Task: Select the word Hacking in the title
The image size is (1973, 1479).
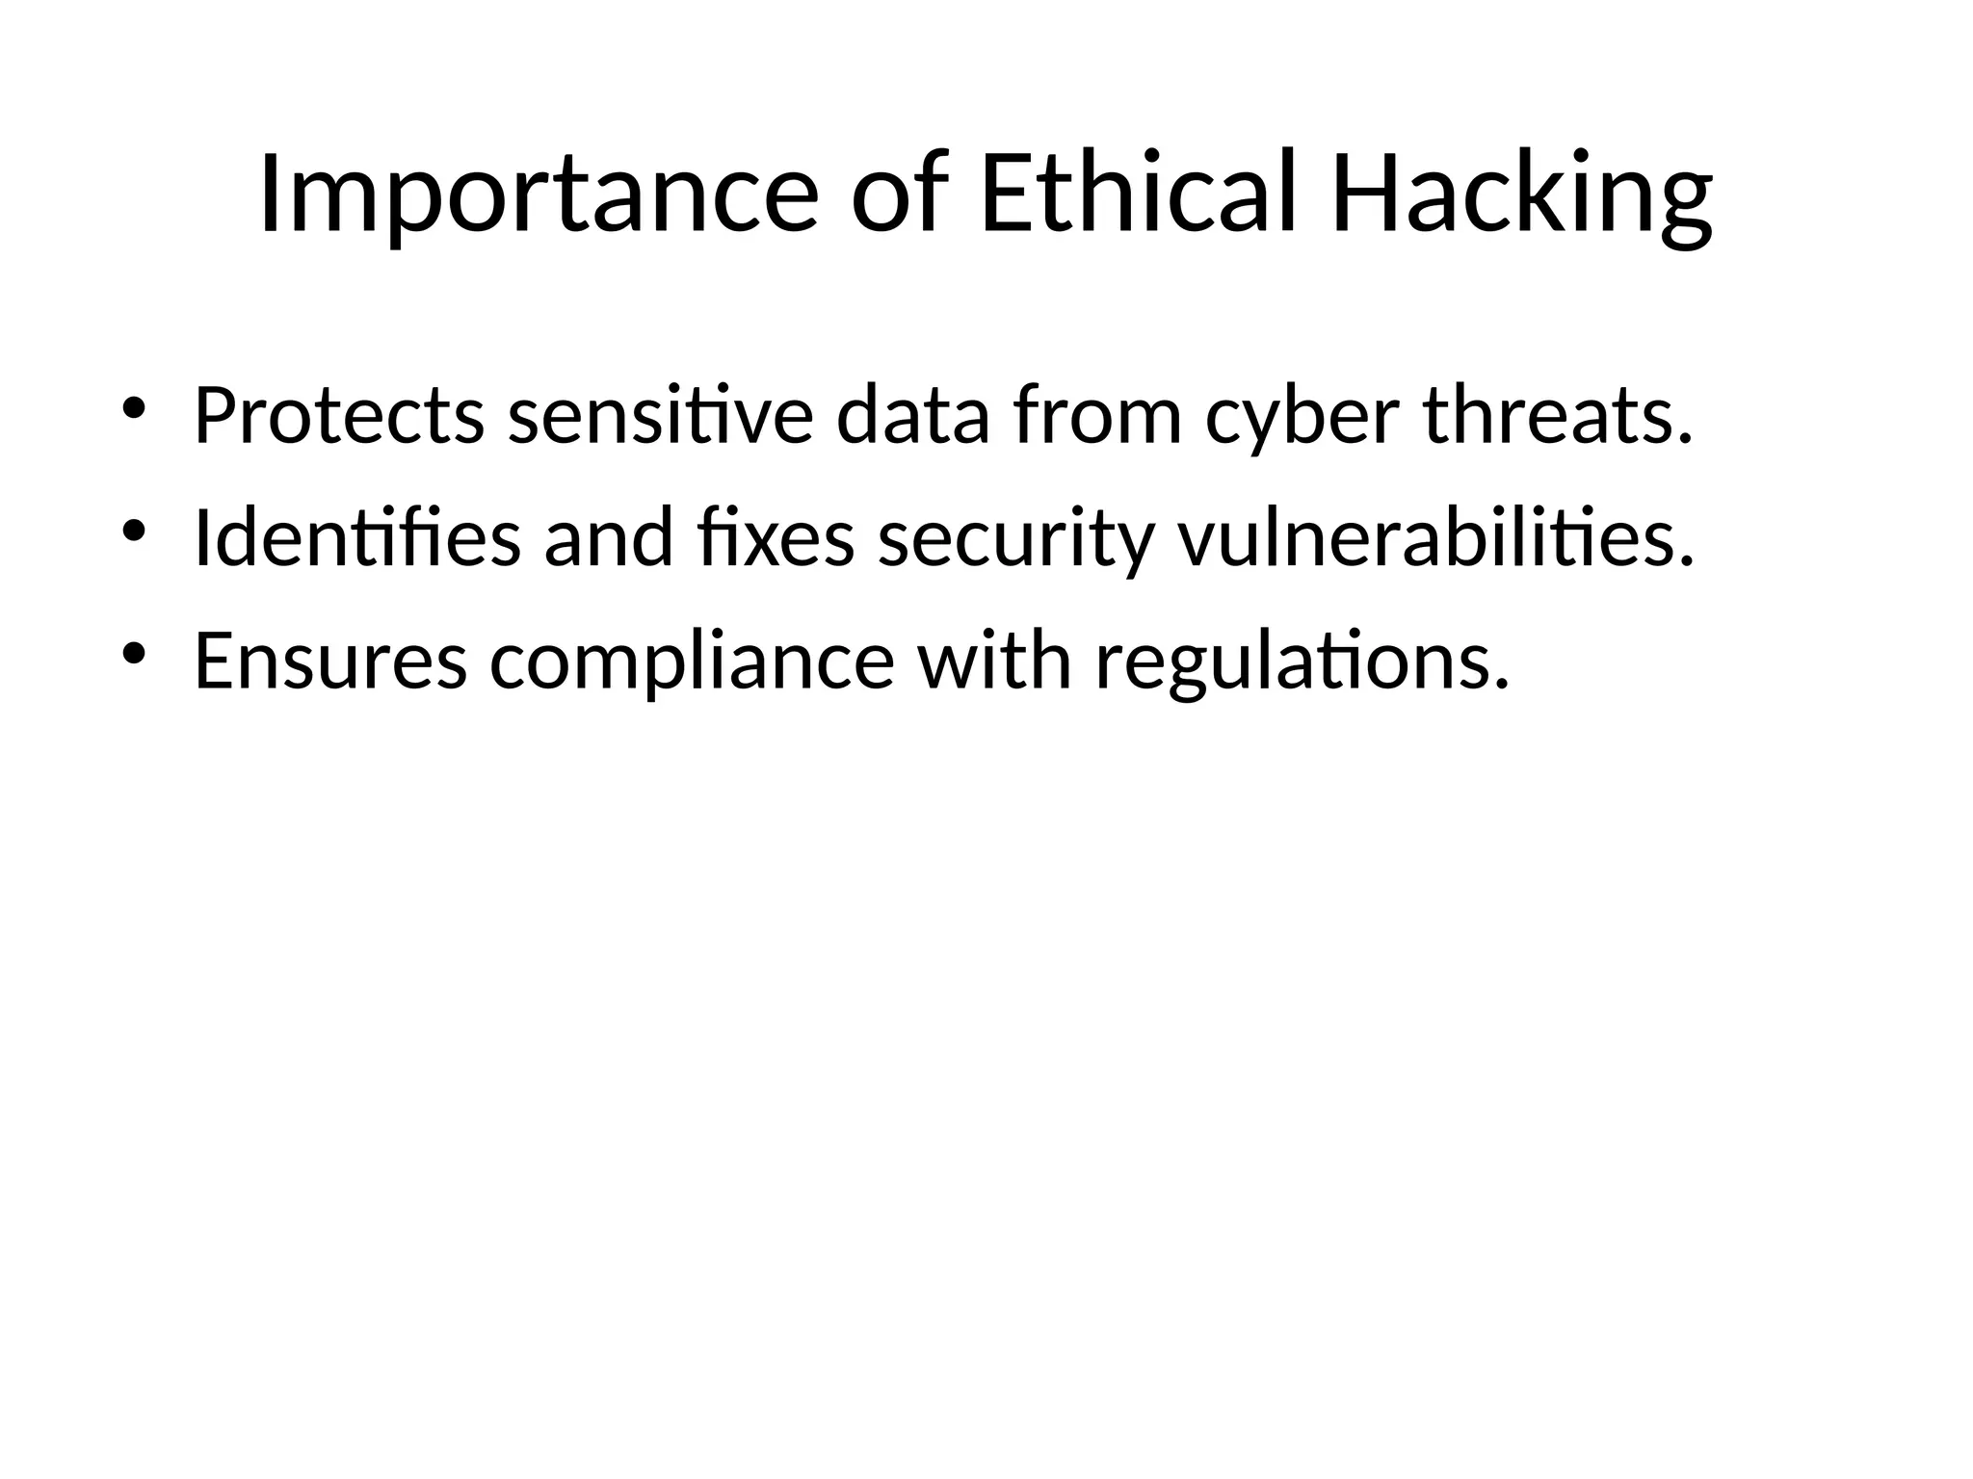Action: click(x=1522, y=196)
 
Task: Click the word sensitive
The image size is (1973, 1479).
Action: click(x=661, y=416)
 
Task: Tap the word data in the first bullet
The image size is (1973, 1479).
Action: click(x=913, y=416)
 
